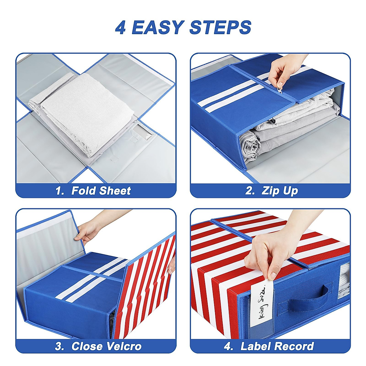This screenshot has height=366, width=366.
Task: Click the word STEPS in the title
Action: tap(220, 27)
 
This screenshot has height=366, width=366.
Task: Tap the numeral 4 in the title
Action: tap(120, 27)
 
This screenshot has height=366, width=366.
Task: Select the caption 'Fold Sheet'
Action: tap(101, 191)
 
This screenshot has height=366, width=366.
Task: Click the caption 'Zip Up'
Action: tap(280, 191)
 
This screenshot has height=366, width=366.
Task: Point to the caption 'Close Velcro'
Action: tap(106, 346)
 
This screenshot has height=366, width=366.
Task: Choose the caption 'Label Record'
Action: tap(277, 346)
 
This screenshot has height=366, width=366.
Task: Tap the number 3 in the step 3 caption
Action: tap(59, 346)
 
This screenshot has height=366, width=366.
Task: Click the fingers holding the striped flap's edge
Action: tap(171, 265)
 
